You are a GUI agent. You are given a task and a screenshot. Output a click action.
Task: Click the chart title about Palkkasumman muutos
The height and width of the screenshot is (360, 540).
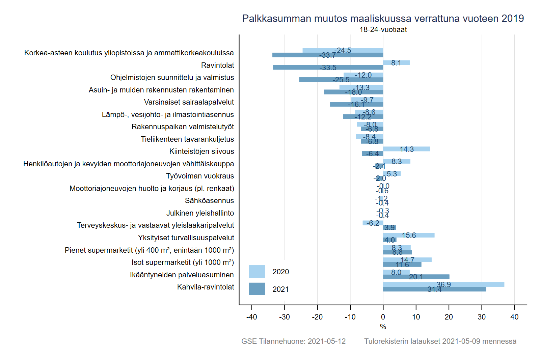[x=383, y=19]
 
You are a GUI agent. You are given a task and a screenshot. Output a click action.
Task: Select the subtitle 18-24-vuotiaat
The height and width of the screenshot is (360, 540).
[x=383, y=30]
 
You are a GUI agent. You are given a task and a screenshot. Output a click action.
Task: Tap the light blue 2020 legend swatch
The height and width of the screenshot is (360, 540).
[x=257, y=272]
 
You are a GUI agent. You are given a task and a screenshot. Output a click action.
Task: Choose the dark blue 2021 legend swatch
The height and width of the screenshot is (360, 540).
[x=257, y=289]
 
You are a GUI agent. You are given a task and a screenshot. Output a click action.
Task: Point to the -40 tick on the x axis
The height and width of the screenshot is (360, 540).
[x=252, y=317]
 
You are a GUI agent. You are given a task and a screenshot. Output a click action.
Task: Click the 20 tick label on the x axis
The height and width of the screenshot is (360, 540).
[x=449, y=317]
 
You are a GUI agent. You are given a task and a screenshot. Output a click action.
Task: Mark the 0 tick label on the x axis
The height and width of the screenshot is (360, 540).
[x=383, y=317]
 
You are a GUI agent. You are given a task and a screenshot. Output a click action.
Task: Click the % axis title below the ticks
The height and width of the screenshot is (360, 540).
[x=383, y=327]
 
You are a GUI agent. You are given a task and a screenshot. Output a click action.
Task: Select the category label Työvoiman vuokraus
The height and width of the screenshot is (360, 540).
[x=200, y=176]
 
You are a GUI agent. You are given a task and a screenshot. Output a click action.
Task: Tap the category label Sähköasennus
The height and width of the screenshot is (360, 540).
[x=209, y=201]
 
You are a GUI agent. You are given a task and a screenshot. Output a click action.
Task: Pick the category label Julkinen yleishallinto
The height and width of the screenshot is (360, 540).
[x=200, y=213]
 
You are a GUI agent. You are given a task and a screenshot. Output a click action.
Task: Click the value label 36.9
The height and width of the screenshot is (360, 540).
[x=443, y=284]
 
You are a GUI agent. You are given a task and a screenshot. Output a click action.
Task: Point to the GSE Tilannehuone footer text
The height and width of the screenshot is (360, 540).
[x=293, y=341]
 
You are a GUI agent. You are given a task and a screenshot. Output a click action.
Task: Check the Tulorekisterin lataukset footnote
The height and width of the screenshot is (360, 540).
[x=440, y=341]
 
